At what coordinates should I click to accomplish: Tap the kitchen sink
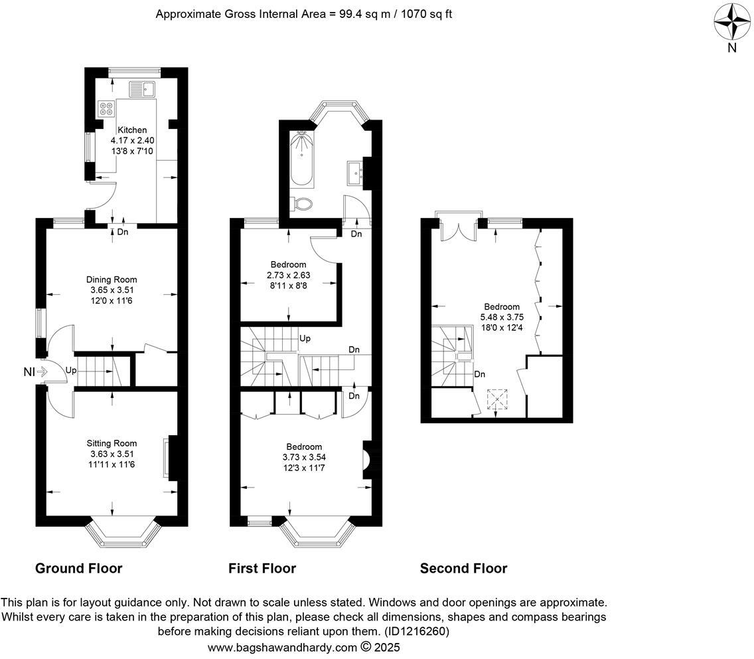click(x=141, y=88)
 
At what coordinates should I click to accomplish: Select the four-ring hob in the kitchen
click(x=106, y=108)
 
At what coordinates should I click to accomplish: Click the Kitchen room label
click(x=132, y=130)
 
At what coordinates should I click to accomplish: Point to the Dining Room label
click(x=112, y=280)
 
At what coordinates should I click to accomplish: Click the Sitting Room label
click(x=112, y=443)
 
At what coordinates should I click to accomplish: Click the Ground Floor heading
click(x=78, y=568)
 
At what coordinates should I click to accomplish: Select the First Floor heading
click(x=262, y=568)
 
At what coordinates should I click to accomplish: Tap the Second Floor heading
click(x=463, y=568)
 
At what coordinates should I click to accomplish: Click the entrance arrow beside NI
click(x=43, y=372)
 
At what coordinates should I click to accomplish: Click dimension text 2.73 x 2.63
click(x=288, y=275)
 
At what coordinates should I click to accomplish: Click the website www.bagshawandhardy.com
click(x=282, y=647)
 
